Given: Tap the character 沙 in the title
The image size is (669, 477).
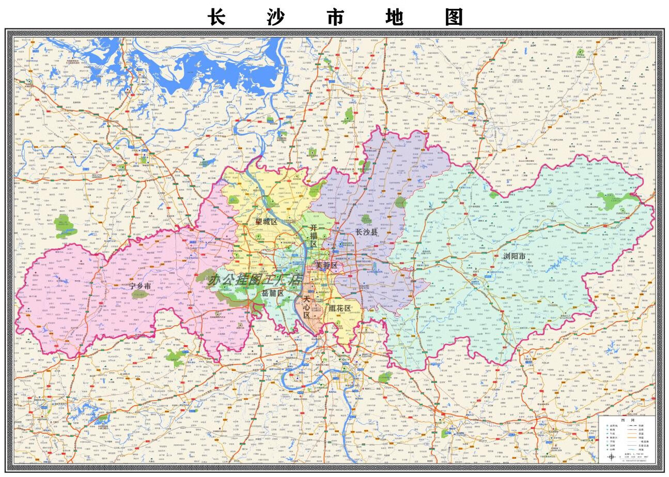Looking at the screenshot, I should [x=276, y=17].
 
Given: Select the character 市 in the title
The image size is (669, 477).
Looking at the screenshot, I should [x=335, y=17].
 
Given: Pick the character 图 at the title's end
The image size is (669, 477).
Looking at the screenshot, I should [x=454, y=17].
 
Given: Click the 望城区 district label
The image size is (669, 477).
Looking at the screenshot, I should [x=266, y=222].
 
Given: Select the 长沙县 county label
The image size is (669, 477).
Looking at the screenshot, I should [x=366, y=232].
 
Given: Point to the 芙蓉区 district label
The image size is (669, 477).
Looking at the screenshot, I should [x=326, y=265].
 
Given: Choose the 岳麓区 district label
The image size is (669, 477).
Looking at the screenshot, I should [x=272, y=293].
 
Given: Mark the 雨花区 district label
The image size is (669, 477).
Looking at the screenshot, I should [x=339, y=309].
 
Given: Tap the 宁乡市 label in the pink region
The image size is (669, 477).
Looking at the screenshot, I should [x=139, y=286].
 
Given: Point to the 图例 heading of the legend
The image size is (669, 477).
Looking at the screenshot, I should [x=628, y=420].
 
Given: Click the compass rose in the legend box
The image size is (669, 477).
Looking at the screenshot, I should [x=612, y=457].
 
